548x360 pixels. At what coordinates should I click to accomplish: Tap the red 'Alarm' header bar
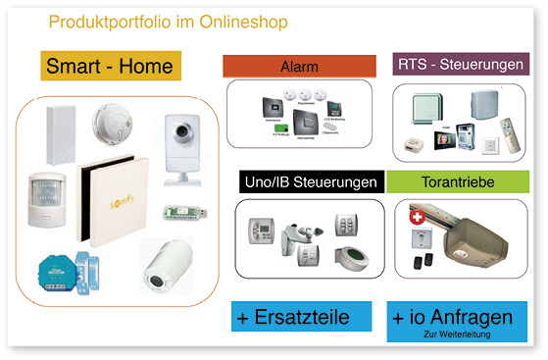tap(299, 66)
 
